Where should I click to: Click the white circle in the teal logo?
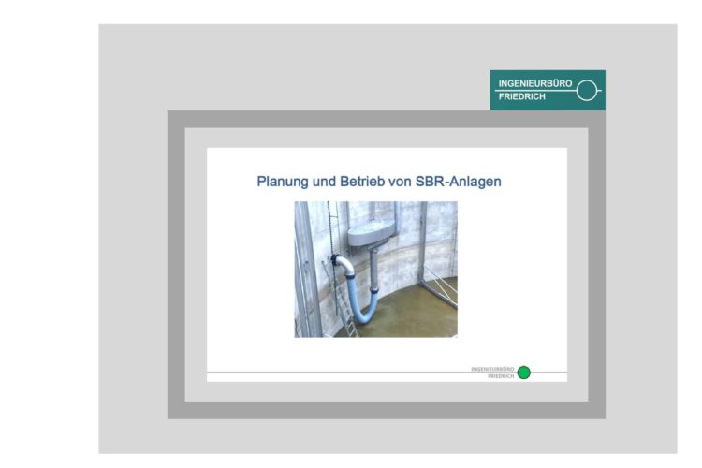[586, 91]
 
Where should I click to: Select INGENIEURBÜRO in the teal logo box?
[535, 83]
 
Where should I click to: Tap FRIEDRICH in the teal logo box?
[521, 97]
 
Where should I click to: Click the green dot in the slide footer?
[524, 373]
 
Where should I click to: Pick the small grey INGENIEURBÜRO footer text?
[493, 369]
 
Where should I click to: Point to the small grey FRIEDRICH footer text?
[502, 376]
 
